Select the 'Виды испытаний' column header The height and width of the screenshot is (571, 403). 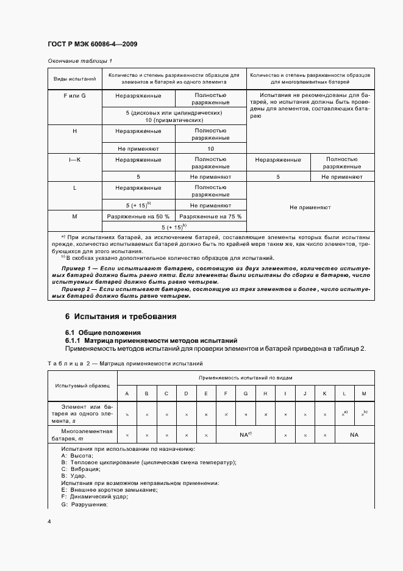pyautogui.click(x=75, y=78)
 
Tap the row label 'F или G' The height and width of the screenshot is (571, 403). pyautogui.click(x=75, y=96)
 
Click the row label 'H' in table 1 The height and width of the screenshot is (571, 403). pyautogui.click(x=75, y=131)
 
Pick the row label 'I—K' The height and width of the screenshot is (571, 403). pyautogui.click(x=75, y=160)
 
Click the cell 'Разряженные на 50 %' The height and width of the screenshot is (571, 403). pyautogui.click(x=139, y=217)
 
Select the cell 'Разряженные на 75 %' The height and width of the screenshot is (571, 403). pyautogui.click(x=210, y=217)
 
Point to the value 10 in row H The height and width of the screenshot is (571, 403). pyautogui.click(x=210, y=148)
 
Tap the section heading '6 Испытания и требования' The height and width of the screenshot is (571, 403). pyautogui.click(x=121, y=317)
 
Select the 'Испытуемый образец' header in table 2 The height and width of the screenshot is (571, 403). pyautogui.click(x=82, y=386)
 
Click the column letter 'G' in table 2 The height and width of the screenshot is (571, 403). pyautogui.click(x=245, y=393)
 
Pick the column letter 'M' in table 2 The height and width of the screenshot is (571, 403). pyautogui.click(x=364, y=393)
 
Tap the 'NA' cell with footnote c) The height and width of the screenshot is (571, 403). pyautogui.click(x=245, y=434)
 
